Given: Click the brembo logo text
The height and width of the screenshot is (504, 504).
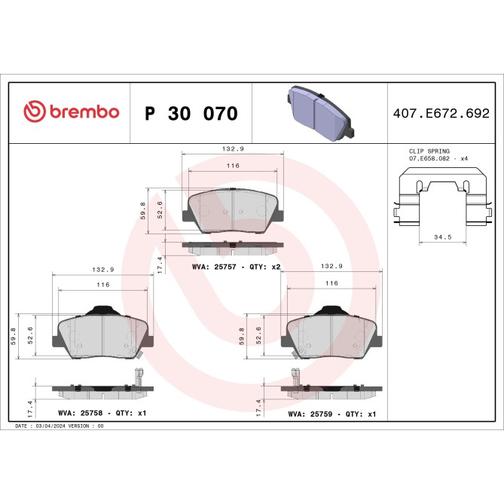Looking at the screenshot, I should click(x=84, y=112).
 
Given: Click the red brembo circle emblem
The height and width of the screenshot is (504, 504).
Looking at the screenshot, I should click(x=35, y=112).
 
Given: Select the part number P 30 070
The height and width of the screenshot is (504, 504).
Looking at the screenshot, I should click(x=191, y=114).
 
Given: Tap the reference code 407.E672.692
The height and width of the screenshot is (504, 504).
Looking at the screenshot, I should click(x=441, y=114).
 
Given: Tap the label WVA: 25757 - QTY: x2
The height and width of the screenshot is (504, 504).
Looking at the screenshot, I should click(x=237, y=267).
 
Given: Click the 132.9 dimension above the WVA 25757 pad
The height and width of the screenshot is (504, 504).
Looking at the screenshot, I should click(x=233, y=150).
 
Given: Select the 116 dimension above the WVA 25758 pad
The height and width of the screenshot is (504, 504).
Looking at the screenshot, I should click(x=103, y=285).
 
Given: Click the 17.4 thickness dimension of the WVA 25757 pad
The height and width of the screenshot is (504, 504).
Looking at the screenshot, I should click(x=160, y=263).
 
